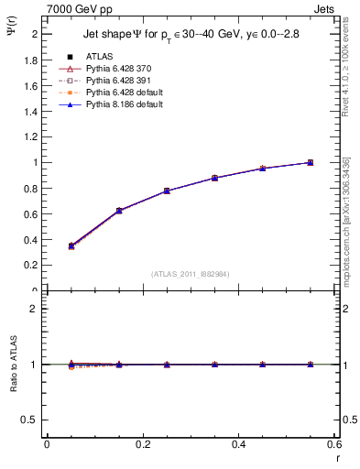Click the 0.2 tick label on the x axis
(x=143, y=443)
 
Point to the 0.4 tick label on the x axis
(x=238, y=443)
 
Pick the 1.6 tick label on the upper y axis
(x=31, y=85)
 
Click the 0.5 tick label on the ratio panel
(x=31, y=420)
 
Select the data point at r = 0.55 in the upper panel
(x=311, y=162)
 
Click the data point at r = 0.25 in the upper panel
(x=167, y=191)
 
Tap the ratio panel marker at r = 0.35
(x=214, y=364)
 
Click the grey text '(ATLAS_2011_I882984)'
(x=191, y=274)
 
